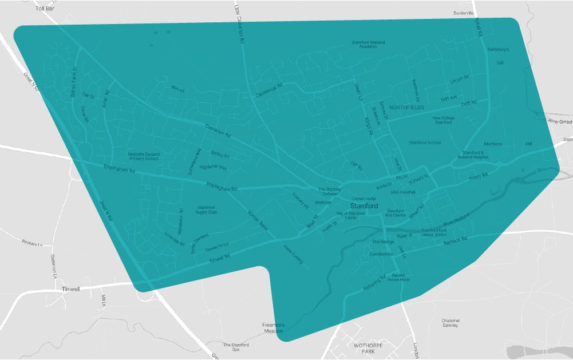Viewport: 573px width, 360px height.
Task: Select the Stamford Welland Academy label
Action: pos(368,44)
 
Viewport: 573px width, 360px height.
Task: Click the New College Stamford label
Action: pos(443,120)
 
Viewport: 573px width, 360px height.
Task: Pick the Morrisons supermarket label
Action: pos(492,144)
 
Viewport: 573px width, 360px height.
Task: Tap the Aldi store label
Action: pos(528,144)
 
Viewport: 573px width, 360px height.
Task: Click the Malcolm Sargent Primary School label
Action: pos(144,156)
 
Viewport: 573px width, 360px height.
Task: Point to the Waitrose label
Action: pos(323,202)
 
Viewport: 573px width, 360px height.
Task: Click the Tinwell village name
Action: pos(71,290)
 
